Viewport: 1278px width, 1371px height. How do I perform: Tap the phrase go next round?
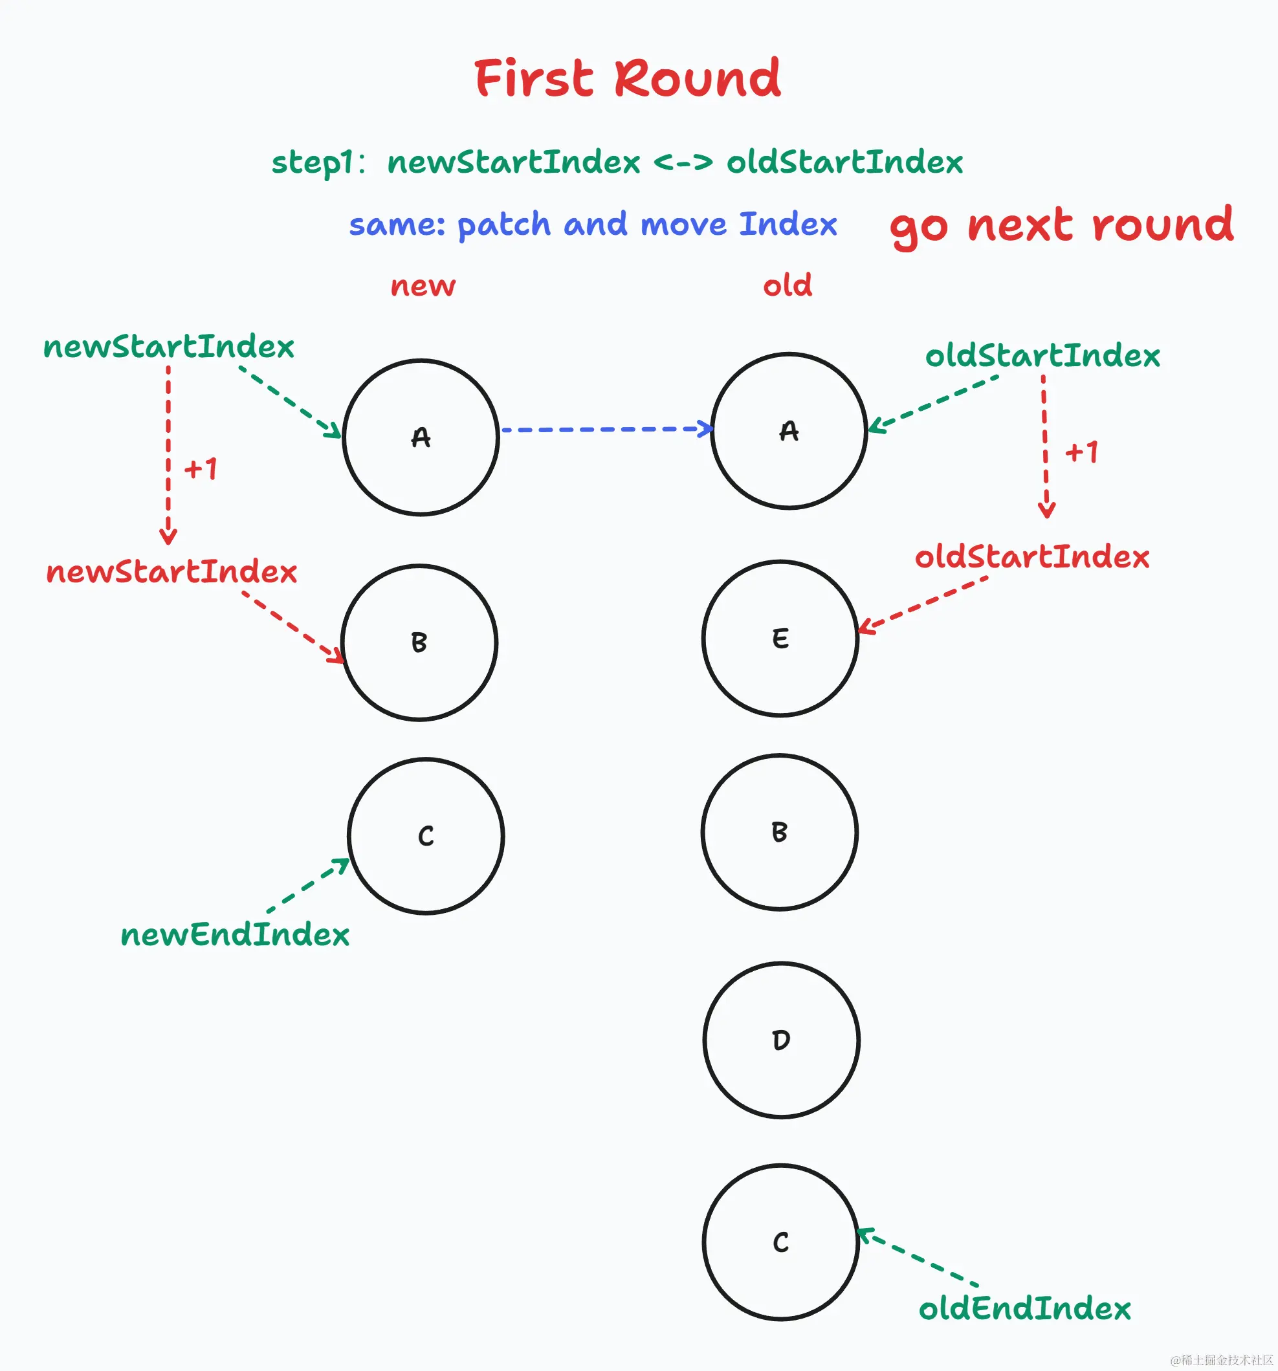pos(1061,226)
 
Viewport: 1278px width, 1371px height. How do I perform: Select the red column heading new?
pos(423,285)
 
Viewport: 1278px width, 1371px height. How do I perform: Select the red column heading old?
pos(787,285)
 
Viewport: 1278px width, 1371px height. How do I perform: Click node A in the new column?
pos(421,437)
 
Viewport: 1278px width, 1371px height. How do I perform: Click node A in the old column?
pos(789,431)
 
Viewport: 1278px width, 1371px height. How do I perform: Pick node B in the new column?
pos(419,642)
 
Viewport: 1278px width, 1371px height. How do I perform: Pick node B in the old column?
pos(779,833)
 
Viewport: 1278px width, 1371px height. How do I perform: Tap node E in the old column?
pos(780,639)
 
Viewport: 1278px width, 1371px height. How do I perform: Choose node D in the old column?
pos(781,1040)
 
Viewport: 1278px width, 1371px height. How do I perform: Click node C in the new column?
pos(426,837)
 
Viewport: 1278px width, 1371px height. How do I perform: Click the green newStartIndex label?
pos(169,347)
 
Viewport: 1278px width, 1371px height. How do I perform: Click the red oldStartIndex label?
pos(1031,557)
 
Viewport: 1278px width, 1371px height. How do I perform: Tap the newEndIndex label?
pos(235,935)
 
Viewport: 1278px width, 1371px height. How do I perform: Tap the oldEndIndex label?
pos(1025,1309)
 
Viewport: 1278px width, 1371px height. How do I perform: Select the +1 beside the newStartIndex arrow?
pos(201,469)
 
